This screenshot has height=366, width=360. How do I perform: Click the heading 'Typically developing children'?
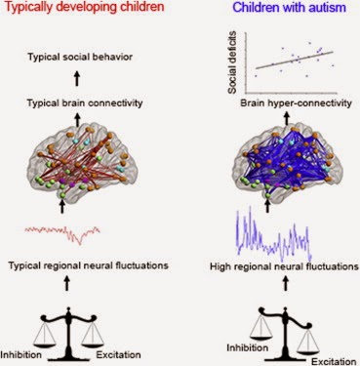point(84,7)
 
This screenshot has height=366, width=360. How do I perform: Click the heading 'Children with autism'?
point(290,7)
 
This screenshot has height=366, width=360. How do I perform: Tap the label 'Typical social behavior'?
point(80,58)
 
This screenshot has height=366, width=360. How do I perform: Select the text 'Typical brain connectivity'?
point(85,103)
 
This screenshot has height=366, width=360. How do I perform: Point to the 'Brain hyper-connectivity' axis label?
point(296,103)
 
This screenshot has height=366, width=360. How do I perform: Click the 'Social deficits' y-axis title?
point(232,62)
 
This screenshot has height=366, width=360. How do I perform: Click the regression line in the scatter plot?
point(295,60)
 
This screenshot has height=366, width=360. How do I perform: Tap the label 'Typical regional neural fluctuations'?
point(88,265)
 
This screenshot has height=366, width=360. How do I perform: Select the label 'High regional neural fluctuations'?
point(284,266)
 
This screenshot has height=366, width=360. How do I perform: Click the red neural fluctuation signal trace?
point(62,232)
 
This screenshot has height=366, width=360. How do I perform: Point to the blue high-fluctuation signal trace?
point(274,234)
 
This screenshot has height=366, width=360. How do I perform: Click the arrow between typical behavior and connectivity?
point(77,79)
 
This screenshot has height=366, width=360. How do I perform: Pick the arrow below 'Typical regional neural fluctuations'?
point(67,284)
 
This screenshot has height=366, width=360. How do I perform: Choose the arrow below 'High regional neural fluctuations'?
point(286,284)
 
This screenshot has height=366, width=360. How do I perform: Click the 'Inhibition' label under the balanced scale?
point(21,354)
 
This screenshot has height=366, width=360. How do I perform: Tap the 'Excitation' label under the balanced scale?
point(118,354)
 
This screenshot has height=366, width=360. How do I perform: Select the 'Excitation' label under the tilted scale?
point(334,361)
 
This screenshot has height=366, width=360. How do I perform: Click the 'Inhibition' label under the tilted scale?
point(247,347)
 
